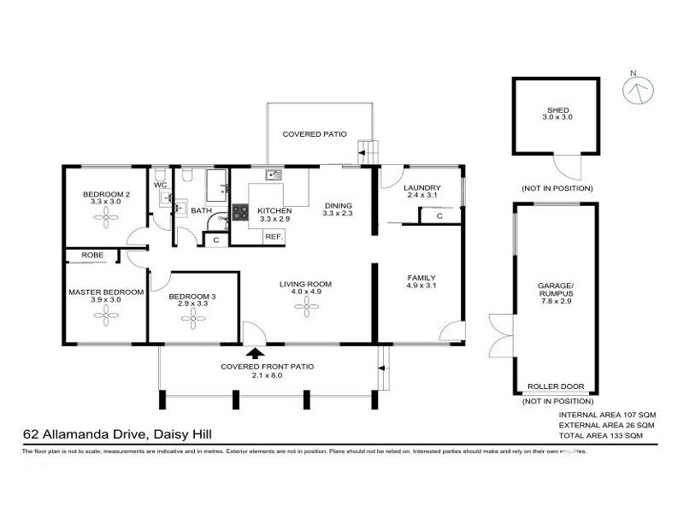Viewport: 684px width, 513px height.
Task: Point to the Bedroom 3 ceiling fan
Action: pyautogui.click(x=192, y=319)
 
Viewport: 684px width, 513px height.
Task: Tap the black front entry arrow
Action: pyautogui.click(x=254, y=351)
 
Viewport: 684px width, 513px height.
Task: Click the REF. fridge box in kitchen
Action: pyautogui.click(x=274, y=236)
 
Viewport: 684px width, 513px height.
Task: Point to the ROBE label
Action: pyautogui.click(x=93, y=255)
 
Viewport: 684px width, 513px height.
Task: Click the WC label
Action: pyautogui.click(x=160, y=185)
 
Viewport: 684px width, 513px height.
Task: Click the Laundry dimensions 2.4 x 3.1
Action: pyautogui.click(x=422, y=197)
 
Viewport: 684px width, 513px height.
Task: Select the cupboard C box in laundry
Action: pyautogui.click(x=439, y=215)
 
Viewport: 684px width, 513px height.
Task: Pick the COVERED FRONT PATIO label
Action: pyautogui.click(x=267, y=366)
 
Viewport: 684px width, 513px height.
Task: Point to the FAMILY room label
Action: pyautogui.click(x=422, y=278)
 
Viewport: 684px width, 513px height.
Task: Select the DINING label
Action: pyautogui.click(x=338, y=205)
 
